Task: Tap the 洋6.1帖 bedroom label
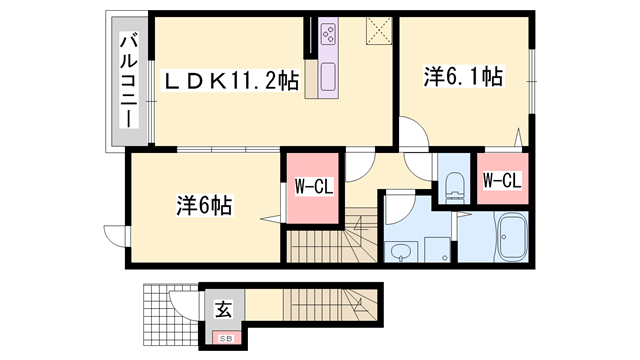[x=463, y=76]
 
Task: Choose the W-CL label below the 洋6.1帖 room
[x=500, y=181]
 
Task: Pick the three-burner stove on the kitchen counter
[x=328, y=37]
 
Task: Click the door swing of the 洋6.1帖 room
[x=412, y=135]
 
